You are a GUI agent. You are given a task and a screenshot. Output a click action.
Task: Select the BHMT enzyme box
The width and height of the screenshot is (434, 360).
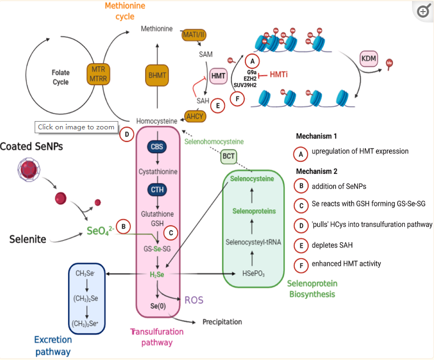click(x=158, y=74)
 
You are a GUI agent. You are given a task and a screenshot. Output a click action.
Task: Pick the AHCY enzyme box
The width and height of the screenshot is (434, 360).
click(x=195, y=116)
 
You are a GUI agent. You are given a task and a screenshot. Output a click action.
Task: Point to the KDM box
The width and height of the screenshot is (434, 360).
click(x=368, y=59)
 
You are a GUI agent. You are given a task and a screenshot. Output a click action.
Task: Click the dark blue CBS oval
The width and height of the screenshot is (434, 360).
click(x=157, y=147)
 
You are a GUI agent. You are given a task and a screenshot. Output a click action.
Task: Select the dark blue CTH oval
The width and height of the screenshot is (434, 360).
click(x=157, y=190)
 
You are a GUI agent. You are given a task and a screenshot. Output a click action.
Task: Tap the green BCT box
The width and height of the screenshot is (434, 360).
click(x=228, y=157)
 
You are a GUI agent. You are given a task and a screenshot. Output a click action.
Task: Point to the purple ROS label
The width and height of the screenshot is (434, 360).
click(x=194, y=300)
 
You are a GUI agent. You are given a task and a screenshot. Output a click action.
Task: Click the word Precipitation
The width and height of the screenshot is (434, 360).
click(x=222, y=322)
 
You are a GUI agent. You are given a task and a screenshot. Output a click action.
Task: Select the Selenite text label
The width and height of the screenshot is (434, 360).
click(x=28, y=239)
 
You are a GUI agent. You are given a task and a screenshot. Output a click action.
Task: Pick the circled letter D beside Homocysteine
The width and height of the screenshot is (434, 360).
click(x=127, y=134)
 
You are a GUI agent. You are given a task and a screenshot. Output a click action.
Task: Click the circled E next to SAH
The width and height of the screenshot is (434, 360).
click(x=218, y=106)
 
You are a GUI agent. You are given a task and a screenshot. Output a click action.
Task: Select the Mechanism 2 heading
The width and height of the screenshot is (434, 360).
click(x=316, y=171)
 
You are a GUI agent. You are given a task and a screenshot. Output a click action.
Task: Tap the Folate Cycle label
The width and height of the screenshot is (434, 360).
click(x=61, y=77)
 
